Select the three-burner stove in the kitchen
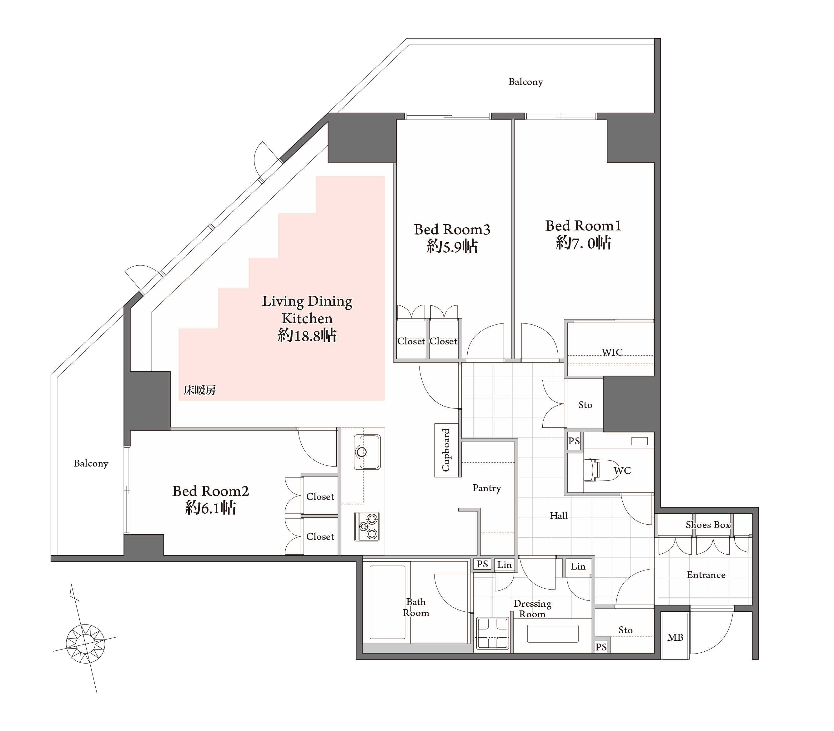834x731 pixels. point(367,526)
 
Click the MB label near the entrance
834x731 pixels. point(675,638)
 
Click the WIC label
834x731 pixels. point(612,352)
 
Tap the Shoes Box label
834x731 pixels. point(708,525)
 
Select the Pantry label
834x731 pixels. point(487,488)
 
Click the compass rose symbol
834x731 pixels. point(85,644)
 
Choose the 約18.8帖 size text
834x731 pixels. point(307,335)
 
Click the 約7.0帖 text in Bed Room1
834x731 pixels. point(584,243)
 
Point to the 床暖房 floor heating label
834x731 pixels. point(199,390)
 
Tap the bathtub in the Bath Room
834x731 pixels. point(387,602)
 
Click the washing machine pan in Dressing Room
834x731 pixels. point(492,633)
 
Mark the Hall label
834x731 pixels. point(559,516)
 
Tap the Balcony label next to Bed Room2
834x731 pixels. point(91,464)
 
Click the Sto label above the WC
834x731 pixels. point(585,405)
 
